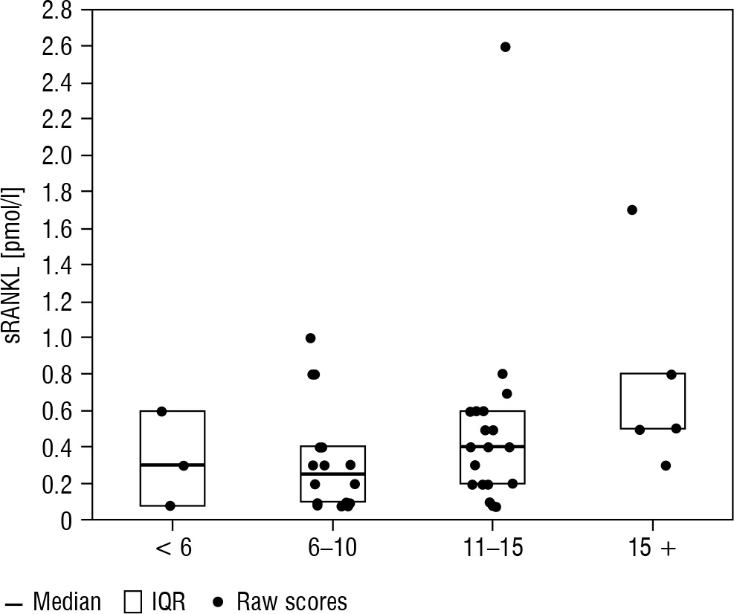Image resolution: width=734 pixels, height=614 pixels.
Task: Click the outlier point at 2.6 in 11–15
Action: [x=506, y=47]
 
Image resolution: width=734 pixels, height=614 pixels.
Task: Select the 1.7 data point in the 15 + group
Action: [x=632, y=210]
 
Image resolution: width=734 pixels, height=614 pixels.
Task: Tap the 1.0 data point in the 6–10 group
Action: [x=311, y=338]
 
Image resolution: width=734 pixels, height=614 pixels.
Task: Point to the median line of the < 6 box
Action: [x=173, y=465]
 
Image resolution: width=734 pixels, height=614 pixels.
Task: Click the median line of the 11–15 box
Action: [x=492, y=447]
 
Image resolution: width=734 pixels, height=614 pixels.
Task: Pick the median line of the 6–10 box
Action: [x=332, y=474]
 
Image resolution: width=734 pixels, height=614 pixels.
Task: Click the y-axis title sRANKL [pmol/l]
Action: [x=16, y=265]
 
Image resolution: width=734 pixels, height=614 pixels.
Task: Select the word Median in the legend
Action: [x=67, y=601]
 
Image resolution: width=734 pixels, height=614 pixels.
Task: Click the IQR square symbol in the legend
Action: [x=132, y=601]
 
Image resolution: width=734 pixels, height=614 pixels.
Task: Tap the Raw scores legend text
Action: [x=292, y=601]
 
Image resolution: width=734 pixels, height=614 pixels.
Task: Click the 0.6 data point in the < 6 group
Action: [x=162, y=411]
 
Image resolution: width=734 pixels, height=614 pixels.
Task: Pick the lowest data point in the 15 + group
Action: [x=666, y=465]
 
